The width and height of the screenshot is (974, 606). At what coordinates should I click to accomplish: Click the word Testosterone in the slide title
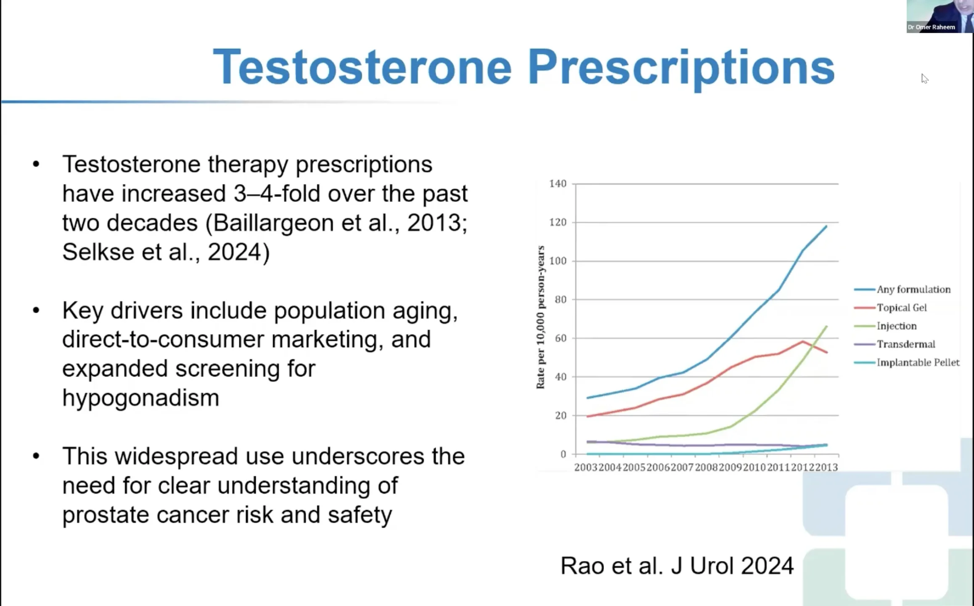coord(362,67)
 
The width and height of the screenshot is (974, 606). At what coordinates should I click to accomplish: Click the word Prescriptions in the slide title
coord(681,67)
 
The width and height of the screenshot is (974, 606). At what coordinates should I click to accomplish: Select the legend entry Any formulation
coord(913,290)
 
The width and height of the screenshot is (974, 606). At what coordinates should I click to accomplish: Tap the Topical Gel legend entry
coord(901,308)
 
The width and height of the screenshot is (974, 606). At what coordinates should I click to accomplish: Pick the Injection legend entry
coord(896,326)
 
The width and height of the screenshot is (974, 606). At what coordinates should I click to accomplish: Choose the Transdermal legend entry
coord(905,344)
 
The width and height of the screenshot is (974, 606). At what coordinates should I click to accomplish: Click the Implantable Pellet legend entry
coord(918,362)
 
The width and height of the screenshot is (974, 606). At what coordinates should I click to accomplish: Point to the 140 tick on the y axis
coord(558,183)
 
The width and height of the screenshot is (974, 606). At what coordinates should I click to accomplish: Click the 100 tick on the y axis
coord(558,261)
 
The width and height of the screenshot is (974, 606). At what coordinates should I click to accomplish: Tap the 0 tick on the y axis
coord(563,454)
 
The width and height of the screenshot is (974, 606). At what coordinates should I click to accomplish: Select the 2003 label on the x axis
coord(586,467)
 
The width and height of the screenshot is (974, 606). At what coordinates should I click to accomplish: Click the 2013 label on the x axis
coord(826,467)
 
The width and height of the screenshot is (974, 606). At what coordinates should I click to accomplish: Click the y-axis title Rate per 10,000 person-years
coord(540,317)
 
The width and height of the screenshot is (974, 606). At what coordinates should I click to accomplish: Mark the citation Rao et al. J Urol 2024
coord(677,565)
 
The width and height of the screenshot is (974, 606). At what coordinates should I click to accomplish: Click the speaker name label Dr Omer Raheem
coord(931,27)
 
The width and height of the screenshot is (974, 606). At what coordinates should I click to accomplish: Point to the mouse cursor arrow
coord(924,78)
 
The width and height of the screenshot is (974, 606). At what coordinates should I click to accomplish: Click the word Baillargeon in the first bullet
coord(273,223)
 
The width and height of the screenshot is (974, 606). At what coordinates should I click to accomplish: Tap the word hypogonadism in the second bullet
coord(140,398)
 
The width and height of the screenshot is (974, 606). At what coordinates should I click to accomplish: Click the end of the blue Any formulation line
coord(826,227)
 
